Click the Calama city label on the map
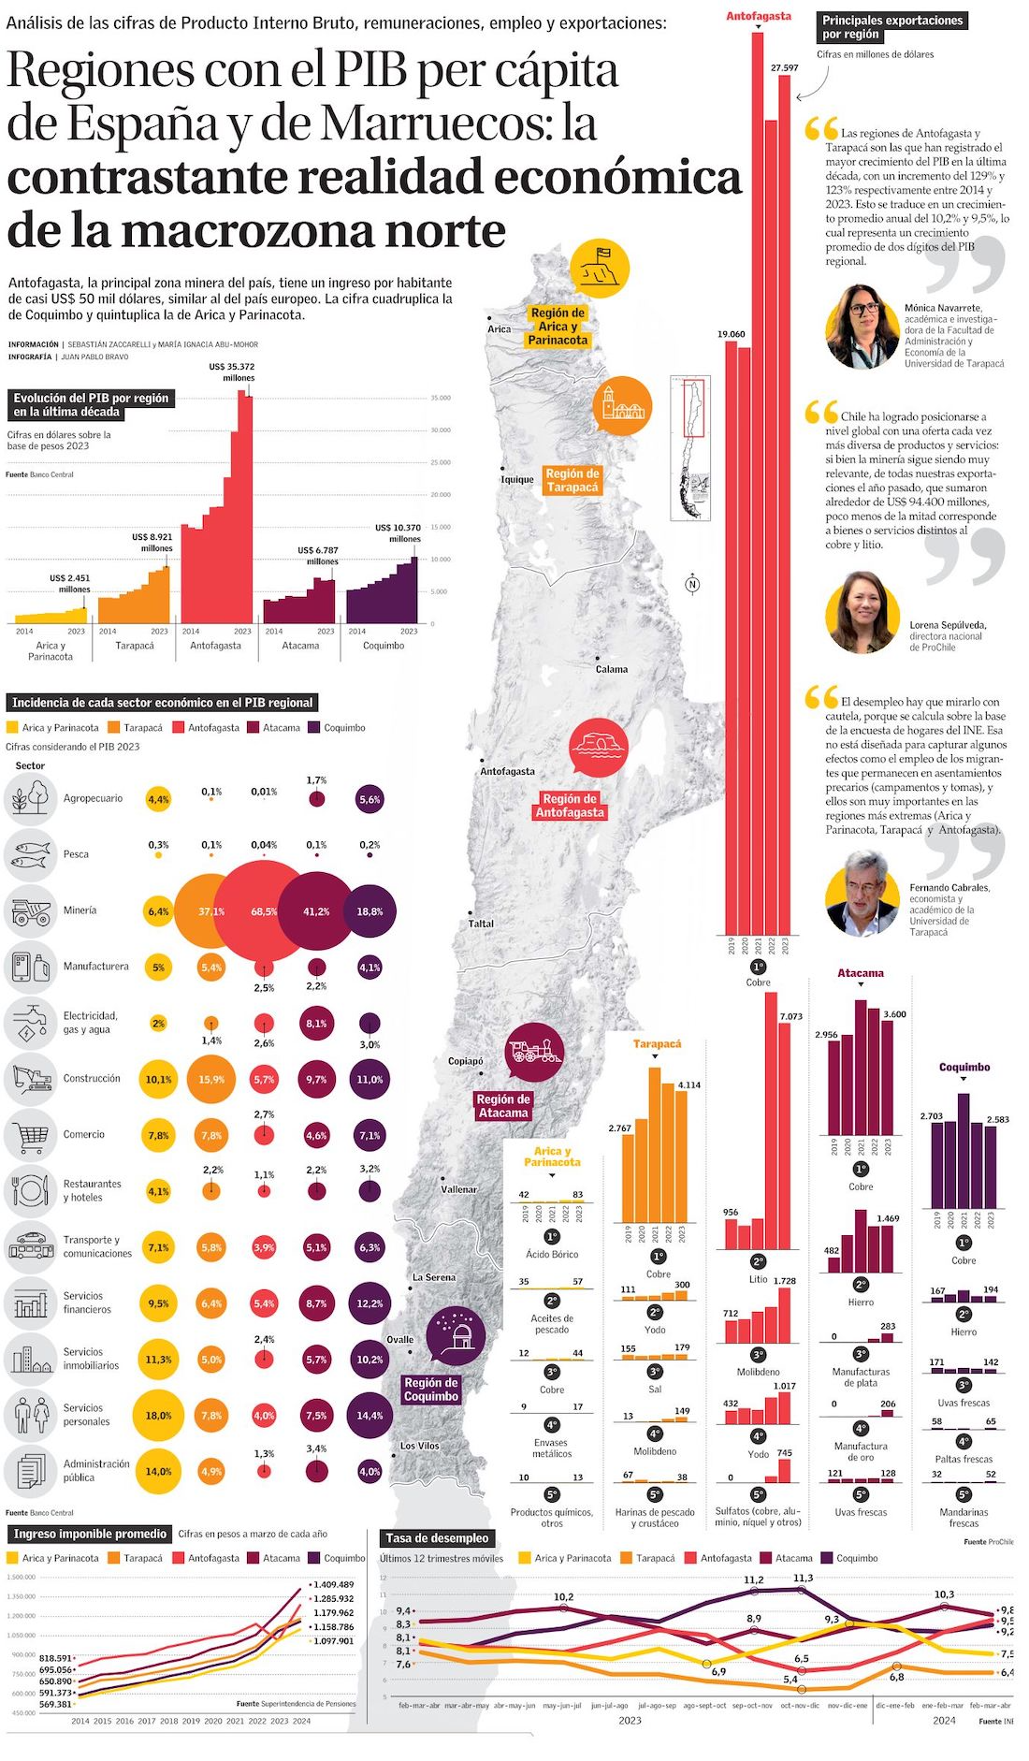pyautogui.click(x=612, y=669)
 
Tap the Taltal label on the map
pyautogui.click(x=481, y=924)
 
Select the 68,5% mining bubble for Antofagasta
pyautogui.click(x=264, y=911)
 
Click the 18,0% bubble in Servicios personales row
pyautogui.click(x=158, y=1416)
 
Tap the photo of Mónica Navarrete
pyautogui.click(x=862, y=327)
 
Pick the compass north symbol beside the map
pyautogui.click(x=692, y=585)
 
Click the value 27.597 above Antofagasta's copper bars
pyautogui.click(x=784, y=68)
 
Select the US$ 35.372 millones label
pyautogui.click(x=232, y=372)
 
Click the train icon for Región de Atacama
pyautogui.click(x=534, y=1053)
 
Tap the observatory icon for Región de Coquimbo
pyautogui.click(x=456, y=1335)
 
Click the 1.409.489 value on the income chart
pyautogui.click(x=333, y=1584)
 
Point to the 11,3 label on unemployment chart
pyautogui.click(x=803, y=1579)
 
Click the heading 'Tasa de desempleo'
pyautogui.click(x=437, y=1538)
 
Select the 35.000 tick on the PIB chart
pyautogui.click(x=440, y=399)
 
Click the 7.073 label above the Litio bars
pyautogui.click(x=790, y=1016)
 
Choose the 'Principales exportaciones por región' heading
pyautogui.click(x=891, y=27)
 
